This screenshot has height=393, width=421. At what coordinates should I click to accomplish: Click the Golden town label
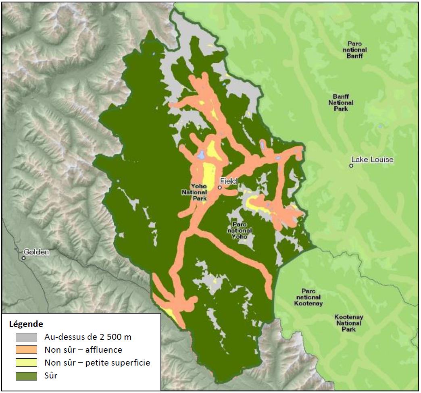(36, 252)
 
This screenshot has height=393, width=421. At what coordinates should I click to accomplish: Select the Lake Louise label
(372, 160)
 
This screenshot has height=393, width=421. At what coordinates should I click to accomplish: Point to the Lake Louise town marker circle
(351, 166)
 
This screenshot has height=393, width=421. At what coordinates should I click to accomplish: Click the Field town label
(228, 181)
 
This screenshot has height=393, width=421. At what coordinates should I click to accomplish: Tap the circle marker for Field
(220, 187)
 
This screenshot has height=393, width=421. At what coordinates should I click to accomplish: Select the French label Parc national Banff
(355, 50)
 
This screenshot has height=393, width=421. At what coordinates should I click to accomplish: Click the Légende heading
(26, 324)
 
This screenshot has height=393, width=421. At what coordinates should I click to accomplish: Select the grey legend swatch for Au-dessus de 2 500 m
(26, 337)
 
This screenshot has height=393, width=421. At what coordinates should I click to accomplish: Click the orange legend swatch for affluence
(26, 349)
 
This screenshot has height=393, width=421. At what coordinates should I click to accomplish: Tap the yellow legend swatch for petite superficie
(26, 362)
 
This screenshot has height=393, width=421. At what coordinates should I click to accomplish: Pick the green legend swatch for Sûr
(26, 376)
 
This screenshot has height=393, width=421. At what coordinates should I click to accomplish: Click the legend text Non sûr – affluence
(83, 349)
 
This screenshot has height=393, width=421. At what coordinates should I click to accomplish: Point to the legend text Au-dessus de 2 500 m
(88, 337)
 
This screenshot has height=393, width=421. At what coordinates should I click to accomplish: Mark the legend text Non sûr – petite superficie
(97, 362)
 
